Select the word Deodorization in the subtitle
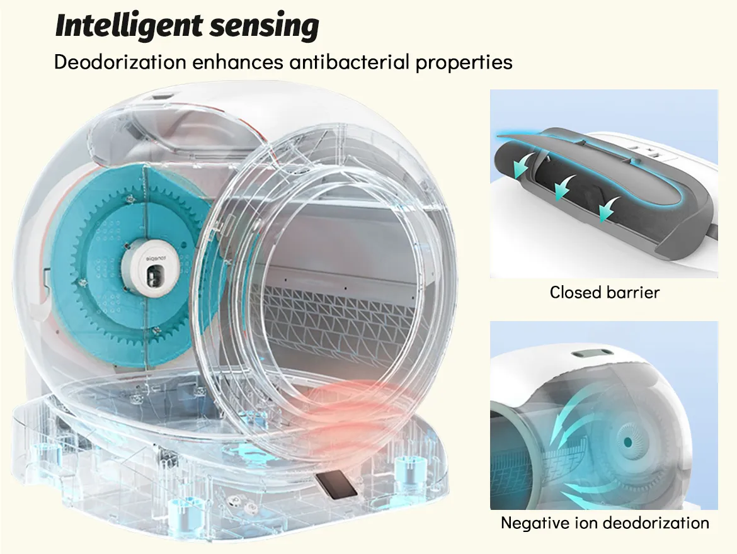120,62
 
